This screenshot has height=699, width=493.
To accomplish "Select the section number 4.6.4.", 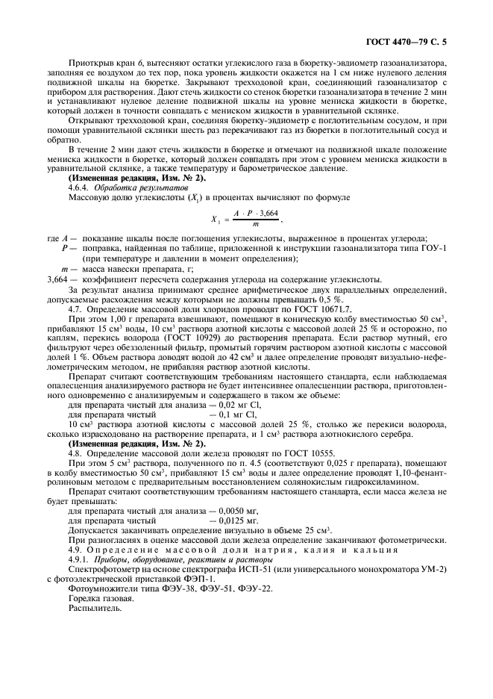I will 80,187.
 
